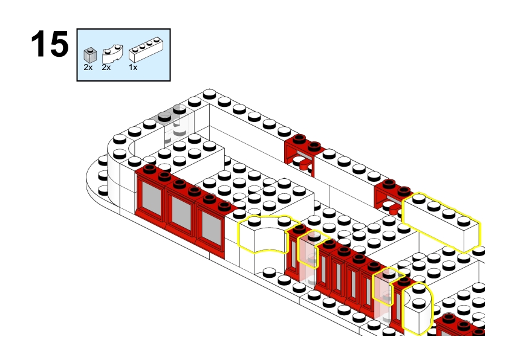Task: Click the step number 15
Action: coord(50,43)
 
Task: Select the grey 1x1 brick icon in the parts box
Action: coord(90,55)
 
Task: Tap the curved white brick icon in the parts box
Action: coord(112,54)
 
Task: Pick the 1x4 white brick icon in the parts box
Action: coord(146,50)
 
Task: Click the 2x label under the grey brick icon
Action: coord(88,68)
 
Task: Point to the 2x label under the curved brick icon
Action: coord(106,68)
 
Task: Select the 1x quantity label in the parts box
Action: coord(133,68)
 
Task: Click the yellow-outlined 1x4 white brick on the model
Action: coord(441,222)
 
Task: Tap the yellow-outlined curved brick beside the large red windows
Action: coord(265,235)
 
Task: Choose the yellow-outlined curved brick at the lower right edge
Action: coord(418,308)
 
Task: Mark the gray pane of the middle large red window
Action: coord(181,213)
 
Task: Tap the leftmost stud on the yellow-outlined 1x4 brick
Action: coord(419,199)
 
